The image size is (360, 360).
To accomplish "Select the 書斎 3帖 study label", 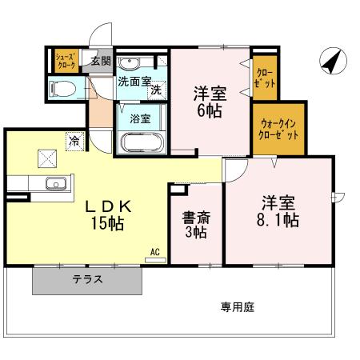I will coord(194,224).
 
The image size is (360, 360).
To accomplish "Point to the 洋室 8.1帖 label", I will coord(278,210).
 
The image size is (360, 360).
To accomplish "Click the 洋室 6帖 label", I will coord(210,102).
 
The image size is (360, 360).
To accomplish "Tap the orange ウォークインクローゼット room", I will coord(279,129).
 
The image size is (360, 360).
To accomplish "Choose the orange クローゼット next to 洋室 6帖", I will coord(265,78).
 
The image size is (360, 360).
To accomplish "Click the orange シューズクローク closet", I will coord(64,61).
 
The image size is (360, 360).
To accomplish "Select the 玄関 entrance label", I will coord(100,62).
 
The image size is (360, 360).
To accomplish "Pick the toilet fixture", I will coord(65,88).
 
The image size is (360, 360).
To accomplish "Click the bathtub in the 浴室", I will coord(142,144).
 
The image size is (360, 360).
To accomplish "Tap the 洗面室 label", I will coord(134,82).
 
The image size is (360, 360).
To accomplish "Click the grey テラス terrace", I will coord(88,280).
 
